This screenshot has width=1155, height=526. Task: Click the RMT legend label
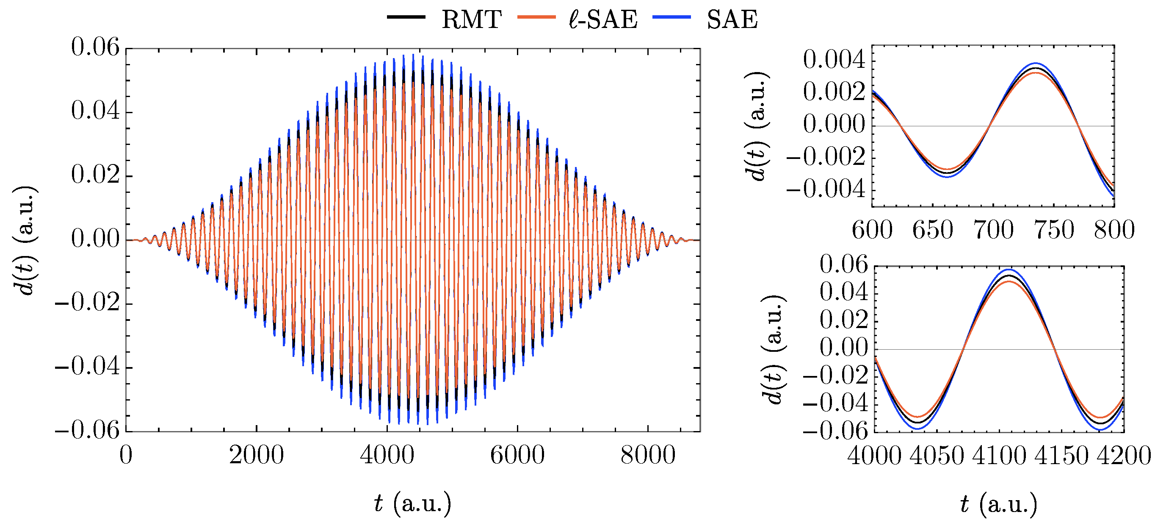(471, 19)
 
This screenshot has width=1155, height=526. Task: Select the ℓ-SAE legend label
(602, 19)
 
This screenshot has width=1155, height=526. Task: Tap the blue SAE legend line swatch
(671, 17)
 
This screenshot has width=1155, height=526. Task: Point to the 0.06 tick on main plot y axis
(96, 47)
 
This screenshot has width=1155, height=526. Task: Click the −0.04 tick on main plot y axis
(88, 367)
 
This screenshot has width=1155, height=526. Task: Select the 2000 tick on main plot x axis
(257, 455)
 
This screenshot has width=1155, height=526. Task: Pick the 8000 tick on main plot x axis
(648, 455)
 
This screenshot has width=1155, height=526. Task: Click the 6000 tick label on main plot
(517, 455)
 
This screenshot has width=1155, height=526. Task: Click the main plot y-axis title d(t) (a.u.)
(26, 240)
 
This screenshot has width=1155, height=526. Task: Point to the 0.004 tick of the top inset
(834, 60)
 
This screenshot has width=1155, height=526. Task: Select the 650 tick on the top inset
(933, 230)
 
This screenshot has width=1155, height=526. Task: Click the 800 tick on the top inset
(1114, 230)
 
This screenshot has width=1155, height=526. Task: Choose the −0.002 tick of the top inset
(826, 157)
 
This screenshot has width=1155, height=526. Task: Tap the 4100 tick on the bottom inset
(999, 456)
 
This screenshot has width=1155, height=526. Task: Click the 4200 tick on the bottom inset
(1124, 456)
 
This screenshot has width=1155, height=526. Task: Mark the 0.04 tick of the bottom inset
(844, 292)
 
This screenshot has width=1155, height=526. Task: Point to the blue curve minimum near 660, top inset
(948, 177)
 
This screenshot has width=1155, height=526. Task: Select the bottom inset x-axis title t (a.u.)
(998, 504)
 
